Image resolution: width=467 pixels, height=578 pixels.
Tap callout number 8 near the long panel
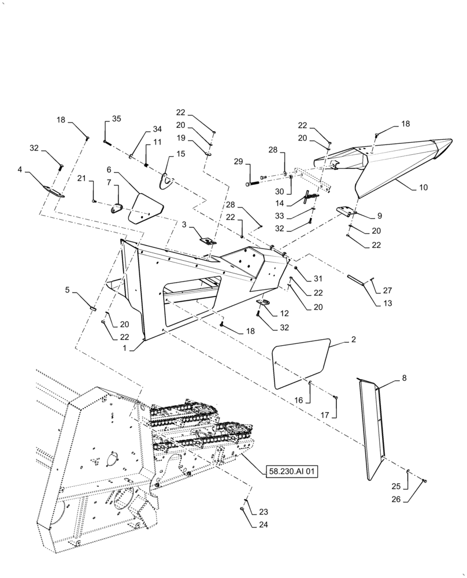click(403, 378)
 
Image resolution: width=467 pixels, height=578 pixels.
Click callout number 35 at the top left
click(117, 119)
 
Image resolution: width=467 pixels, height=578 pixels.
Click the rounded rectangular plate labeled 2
click(301, 364)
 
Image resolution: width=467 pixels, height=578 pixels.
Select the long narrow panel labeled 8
click(373, 431)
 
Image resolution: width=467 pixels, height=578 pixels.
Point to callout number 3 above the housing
click(184, 224)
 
